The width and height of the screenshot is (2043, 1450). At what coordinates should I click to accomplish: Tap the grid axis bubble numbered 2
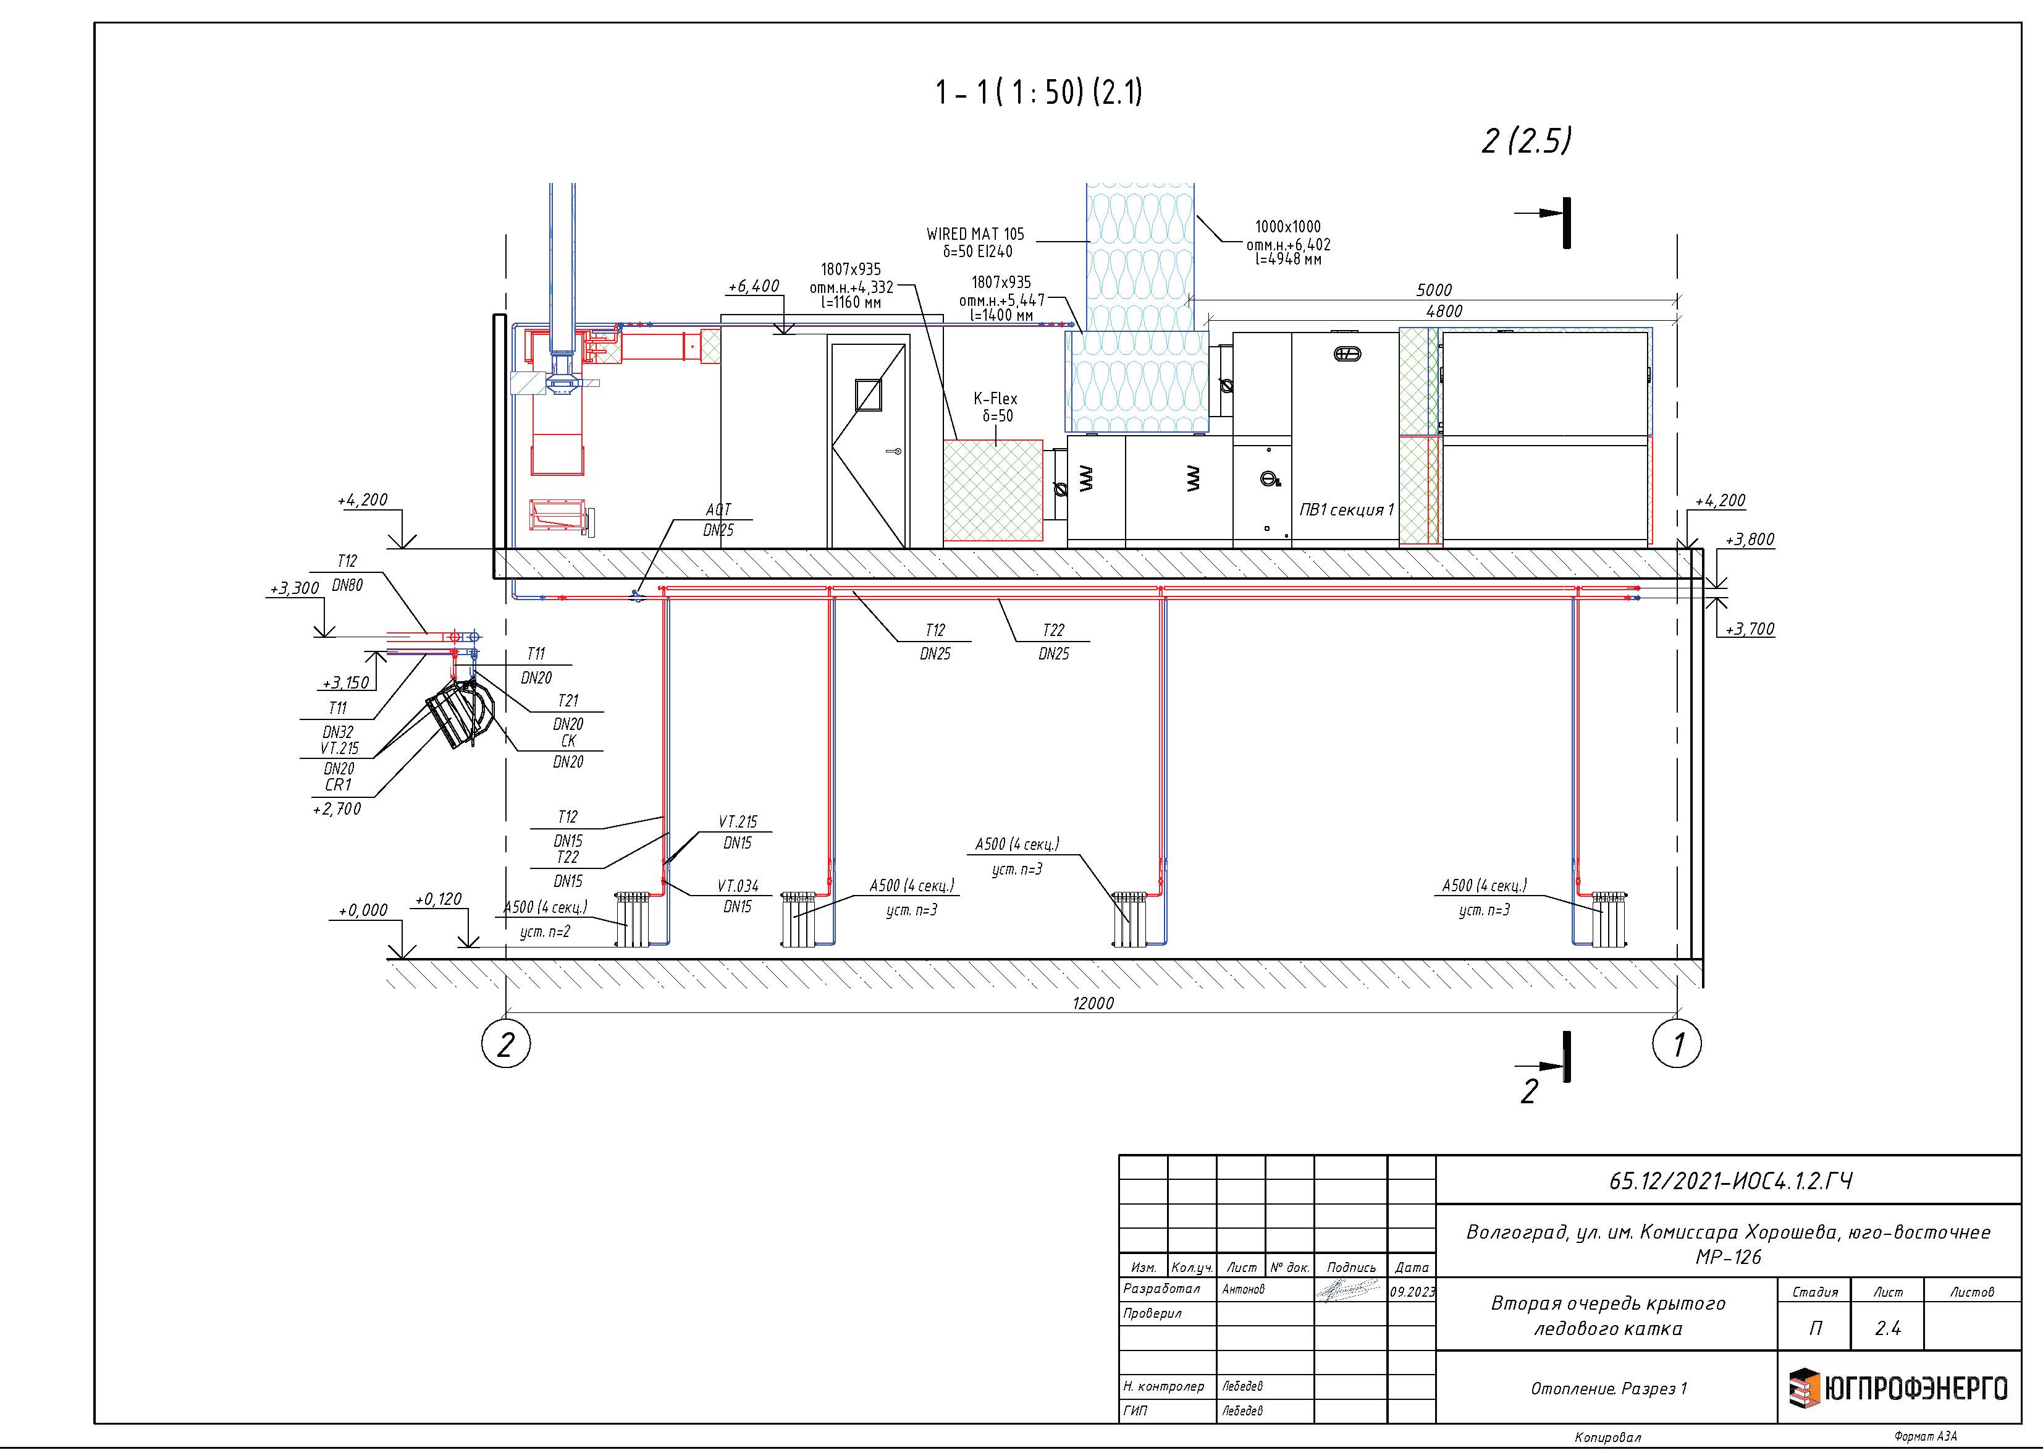tap(506, 1043)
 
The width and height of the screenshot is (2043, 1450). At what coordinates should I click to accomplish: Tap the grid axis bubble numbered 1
tap(1677, 1043)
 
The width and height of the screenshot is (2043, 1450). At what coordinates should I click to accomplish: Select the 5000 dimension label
tap(1433, 290)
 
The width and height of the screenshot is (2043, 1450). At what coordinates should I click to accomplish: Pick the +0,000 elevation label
tap(363, 910)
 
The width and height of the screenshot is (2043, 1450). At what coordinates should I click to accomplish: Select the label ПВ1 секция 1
tap(1346, 510)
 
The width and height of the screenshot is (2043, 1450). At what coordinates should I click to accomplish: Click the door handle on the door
tap(893, 452)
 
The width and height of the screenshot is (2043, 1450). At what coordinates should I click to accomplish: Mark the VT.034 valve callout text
tap(738, 886)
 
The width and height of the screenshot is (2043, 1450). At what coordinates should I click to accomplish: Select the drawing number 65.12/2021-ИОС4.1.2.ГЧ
tap(1730, 1181)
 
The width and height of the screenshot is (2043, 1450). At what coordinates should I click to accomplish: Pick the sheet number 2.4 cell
tap(1888, 1329)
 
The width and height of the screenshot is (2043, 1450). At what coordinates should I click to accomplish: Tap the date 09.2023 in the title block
tap(1412, 1291)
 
